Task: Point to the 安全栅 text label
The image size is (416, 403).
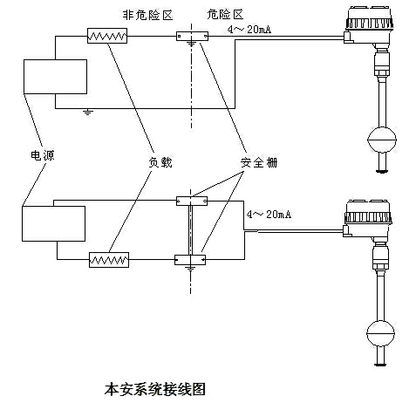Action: tap(256, 163)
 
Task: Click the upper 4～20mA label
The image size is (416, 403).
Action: tap(249, 29)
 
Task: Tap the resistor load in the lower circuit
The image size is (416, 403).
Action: tap(109, 259)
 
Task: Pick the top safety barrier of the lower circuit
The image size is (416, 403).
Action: tap(190, 201)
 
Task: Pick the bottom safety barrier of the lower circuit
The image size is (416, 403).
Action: tap(190, 258)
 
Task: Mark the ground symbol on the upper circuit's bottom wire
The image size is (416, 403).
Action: tap(87, 112)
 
